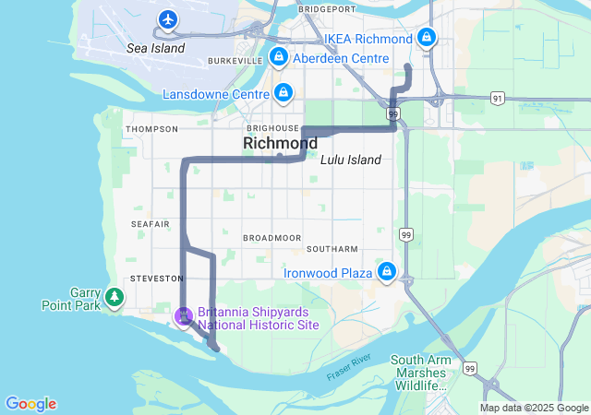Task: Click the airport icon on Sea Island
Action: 167,18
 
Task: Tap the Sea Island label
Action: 156,48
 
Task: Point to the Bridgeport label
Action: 328,8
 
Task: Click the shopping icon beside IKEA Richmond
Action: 426,38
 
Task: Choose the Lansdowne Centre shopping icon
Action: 283,93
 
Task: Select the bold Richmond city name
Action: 280,143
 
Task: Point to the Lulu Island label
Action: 351,160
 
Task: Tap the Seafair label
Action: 151,224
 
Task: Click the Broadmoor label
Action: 268,237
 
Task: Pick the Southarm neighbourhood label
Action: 332,249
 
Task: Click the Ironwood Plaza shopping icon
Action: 386,272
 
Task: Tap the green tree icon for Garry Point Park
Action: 114,296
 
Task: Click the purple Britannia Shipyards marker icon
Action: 184,316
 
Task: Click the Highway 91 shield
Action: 498,97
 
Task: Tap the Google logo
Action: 30,404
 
